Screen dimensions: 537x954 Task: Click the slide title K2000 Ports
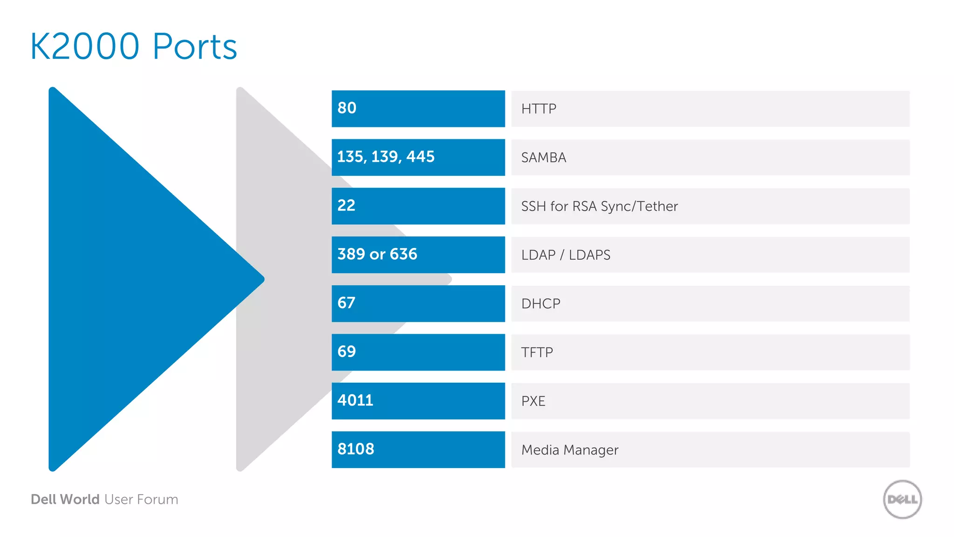tap(134, 47)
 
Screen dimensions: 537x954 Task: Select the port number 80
tap(347, 108)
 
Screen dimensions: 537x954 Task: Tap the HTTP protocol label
tap(538, 109)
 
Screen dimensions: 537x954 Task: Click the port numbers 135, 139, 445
tap(386, 157)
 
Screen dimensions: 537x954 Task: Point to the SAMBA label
tap(544, 158)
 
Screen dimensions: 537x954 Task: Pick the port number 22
tap(346, 206)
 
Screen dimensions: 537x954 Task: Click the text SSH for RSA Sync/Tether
tap(599, 207)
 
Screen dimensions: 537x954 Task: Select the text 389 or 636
tap(377, 254)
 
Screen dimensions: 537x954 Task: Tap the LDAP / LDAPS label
tap(566, 255)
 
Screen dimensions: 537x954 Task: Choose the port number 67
tap(346, 303)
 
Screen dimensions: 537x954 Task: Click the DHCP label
tap(541, 304)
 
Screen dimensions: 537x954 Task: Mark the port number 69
tap(347, 351)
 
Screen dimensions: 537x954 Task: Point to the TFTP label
tap(537, 352)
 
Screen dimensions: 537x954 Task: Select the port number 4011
tap(355, 400)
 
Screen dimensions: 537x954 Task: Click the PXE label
tap(533, 401)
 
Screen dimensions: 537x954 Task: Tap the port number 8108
tap(356, 449)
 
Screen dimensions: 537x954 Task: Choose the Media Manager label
tap(570, 450)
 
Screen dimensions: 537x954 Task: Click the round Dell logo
tap(902, 499)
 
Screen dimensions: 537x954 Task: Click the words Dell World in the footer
tap(65, 499)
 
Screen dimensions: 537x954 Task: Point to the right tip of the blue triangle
tap(262, 279)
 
